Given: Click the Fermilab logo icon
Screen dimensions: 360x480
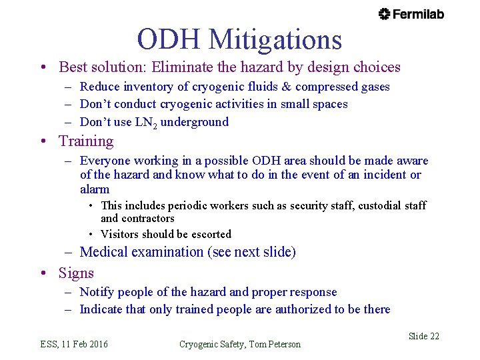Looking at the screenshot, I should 385,14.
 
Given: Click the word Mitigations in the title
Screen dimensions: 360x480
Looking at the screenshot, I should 275,39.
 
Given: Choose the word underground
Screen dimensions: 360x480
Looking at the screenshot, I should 199,122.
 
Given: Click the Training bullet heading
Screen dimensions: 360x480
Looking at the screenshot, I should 86,141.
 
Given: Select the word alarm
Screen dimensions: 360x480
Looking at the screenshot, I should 95,189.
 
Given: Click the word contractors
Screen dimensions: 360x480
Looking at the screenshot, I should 149,218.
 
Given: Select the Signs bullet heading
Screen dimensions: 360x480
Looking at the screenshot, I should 76,273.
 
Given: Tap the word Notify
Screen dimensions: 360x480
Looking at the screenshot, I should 97,292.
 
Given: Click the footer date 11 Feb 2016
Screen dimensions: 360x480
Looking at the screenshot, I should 85,344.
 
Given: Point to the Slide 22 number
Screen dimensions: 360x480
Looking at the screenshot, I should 423,336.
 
